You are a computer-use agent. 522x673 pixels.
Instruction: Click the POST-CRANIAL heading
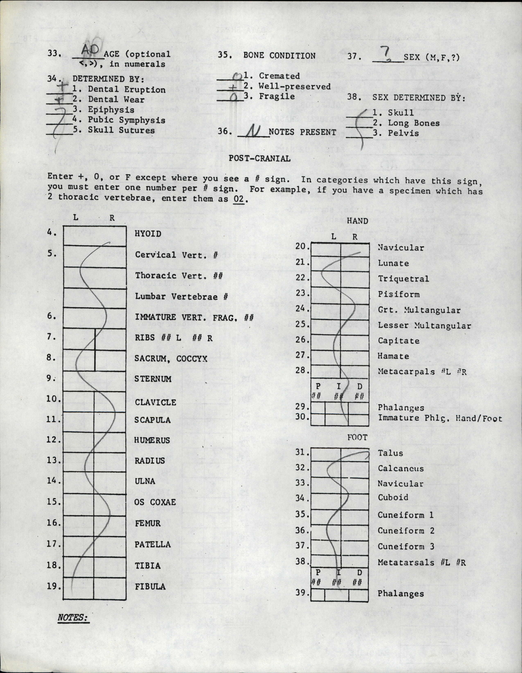click(x=259, y=158)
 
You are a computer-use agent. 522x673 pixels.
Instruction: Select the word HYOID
click(x=148, y=234)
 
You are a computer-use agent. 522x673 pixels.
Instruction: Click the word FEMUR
click(x=147, y=523)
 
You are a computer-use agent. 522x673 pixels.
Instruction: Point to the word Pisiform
click(x=399, y=294)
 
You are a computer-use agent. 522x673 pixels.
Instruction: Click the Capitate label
click(x=398, y=341)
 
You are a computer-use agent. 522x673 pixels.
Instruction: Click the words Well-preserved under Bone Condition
click(x=295, y=86)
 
